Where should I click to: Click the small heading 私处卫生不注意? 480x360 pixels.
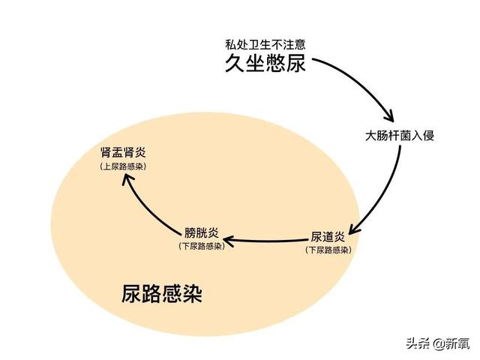265,45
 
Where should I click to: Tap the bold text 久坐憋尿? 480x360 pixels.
265,63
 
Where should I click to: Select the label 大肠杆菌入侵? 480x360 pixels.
400,135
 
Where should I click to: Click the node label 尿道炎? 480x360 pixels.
328,237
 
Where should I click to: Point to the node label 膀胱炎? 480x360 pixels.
202,232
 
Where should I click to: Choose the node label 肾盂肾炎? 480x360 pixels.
123,152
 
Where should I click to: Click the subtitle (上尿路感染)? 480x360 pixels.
123,166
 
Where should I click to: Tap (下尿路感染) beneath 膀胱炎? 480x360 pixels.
202,246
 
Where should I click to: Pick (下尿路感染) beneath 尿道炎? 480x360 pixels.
328,250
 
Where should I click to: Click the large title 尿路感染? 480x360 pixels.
162,294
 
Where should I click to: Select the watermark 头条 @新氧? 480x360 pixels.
438,343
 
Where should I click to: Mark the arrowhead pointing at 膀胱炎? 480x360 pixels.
226,240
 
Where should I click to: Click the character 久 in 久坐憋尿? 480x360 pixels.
235,63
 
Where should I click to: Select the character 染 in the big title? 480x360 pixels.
193,294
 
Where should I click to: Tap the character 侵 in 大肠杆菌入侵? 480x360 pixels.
428,135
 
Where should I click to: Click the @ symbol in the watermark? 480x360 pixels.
438,344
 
